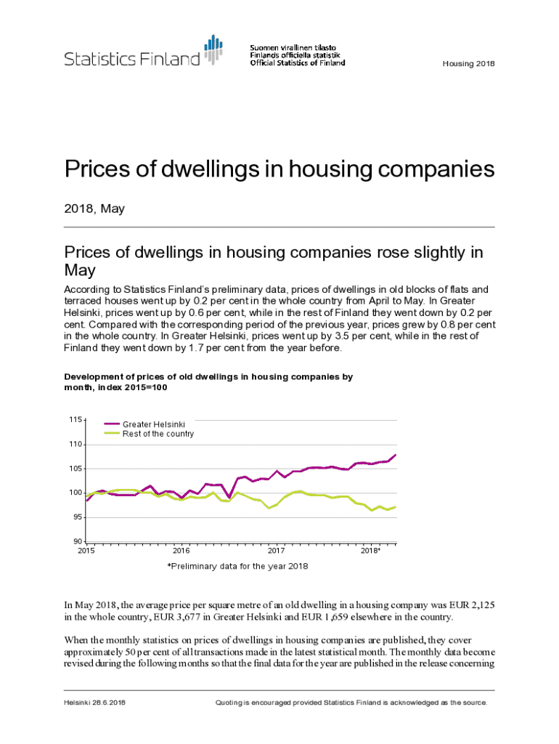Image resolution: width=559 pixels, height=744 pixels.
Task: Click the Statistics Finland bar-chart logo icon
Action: click(x=213, y=50)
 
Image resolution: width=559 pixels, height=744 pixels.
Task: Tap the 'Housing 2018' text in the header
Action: click(x=468, y=64)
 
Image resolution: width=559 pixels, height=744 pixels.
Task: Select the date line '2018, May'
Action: click(x=94, y=209)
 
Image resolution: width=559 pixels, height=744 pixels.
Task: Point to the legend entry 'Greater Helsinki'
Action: click(x=153, y=424)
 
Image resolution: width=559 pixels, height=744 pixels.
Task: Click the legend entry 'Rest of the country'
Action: click(x=158, y=434)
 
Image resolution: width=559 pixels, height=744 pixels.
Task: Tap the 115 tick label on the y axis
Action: click(x=75, y=420)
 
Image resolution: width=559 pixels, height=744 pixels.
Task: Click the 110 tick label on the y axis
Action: click(x=75, y=445)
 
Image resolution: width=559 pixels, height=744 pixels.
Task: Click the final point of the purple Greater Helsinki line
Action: click(x=396, y=455)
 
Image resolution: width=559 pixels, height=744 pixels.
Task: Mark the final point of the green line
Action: click(x=396, y=507)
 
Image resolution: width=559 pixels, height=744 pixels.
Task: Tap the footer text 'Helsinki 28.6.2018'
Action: click(x=94, y=703)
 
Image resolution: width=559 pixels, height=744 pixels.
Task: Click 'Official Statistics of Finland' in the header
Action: click(x=298, y=62)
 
